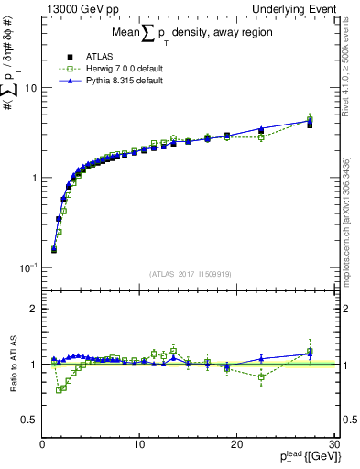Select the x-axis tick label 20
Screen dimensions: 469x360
click(x=237, y=444)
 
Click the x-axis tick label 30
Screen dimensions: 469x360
click(x=333, y=444)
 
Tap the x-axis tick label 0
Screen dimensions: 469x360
click(x=43, y=444)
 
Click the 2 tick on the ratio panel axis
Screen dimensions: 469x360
click(x=33, y=309)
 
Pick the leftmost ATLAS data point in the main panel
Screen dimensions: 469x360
click(x=54, y=249)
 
